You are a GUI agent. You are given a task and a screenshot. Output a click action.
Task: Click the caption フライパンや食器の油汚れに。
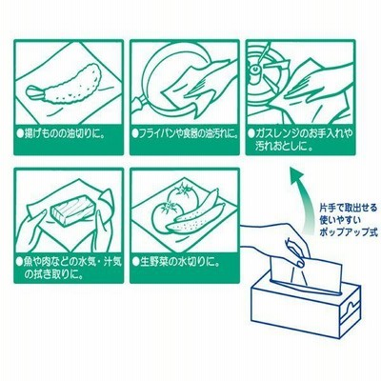pyautogui.click(x=185, y=132)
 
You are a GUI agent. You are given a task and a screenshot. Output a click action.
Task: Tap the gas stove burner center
pyautogui.click(x=255, y=69)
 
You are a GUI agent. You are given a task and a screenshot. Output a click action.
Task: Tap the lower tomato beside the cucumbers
pyautogui.click(x=168, y=216)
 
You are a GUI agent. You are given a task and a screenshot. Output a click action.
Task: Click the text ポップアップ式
pyautogui.click(x=349, y=232)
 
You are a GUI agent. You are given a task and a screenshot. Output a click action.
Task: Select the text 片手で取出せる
pyautogui.click(x=349, y=209)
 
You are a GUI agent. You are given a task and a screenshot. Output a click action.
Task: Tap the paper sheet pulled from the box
pyautogui.click(x=307, y=273)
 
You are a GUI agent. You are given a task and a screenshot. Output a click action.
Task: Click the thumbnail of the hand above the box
pyautogui.click(x=298, y=262)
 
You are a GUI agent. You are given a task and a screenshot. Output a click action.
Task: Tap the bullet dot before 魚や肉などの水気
pyautogui.click(x=20, y=263)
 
